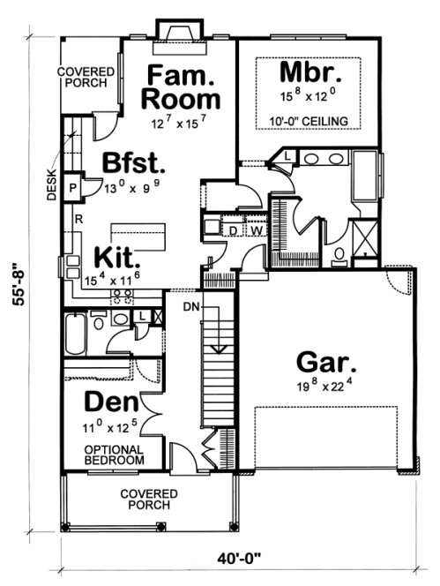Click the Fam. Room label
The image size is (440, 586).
[182, 86]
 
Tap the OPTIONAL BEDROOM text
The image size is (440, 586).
[114, 454]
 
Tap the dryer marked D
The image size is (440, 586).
[233, 230]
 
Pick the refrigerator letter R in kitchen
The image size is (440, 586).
[78, 217]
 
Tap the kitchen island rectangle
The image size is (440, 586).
[138, 236]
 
